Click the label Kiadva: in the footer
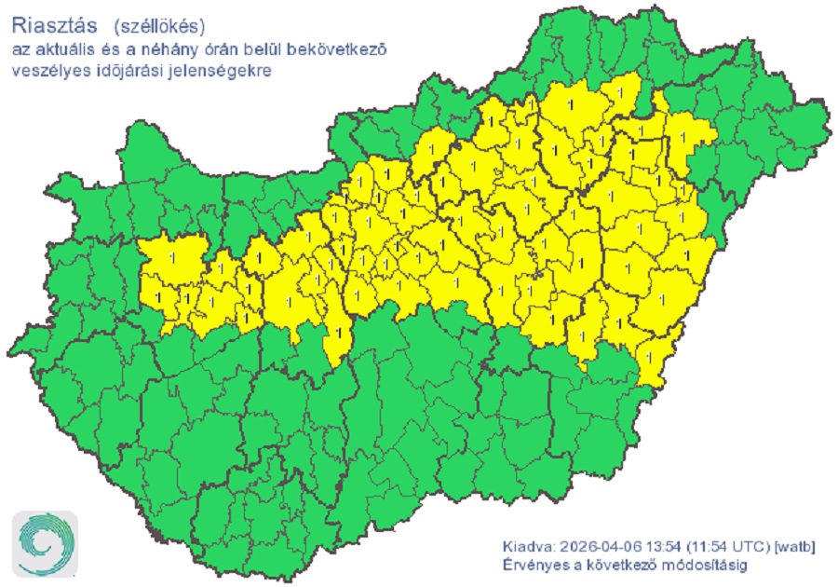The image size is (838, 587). pyautogui.click(x=527, y=545)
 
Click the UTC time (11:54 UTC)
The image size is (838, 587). pyautogui.click(x=719, y=545)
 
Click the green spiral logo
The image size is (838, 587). pyautogui.click(x=44, y=543)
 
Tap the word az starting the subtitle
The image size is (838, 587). pyautogui.click(x=20, y=48)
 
